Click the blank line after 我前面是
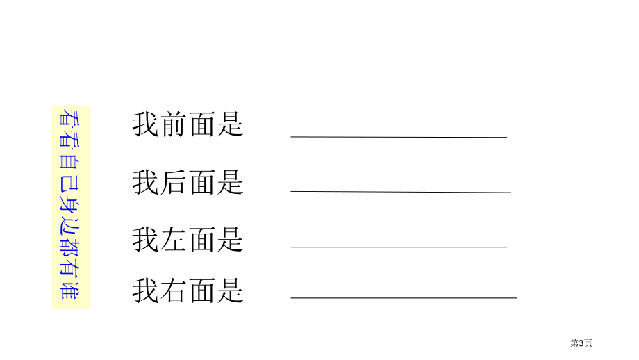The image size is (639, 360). coord(399,137)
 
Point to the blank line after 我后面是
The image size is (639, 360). coord(401,192)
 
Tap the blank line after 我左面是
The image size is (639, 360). coord(399,247)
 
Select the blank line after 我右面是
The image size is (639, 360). coord(404,298)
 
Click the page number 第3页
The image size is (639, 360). coord(581,343)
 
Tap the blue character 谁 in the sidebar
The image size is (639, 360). coord(70,289)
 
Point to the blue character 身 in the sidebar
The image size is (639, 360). coord(70,201)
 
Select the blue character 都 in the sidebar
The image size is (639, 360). coord(70,245)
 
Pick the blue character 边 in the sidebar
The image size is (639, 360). coord(70,223)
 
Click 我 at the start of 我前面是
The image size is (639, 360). coord(145,124)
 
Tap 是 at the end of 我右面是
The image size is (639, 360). coord(231,291)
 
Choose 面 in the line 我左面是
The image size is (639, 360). coord(202,240)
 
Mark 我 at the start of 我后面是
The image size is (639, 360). coord(145,182)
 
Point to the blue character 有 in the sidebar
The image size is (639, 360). coord(70,267)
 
